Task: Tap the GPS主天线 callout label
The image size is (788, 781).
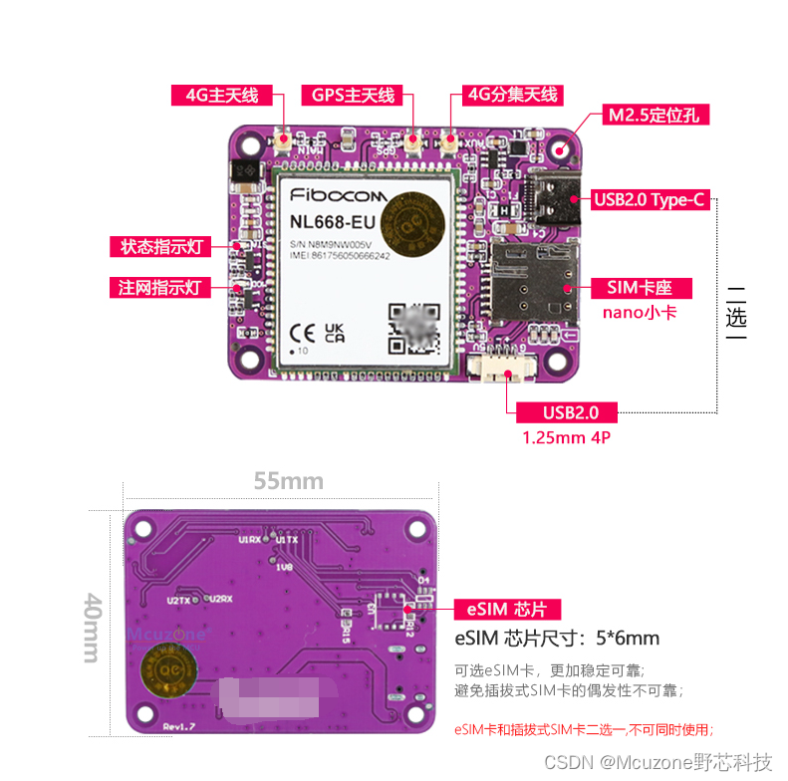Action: pyautogui.click(x=354, y=96)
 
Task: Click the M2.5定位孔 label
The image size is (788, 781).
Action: pyautogui.click(x=654, y=116)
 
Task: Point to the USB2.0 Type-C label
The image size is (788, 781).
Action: pyautogui.click(x=650, y=200)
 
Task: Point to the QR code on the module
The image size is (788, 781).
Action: pyautogui.click(x=413, y=329)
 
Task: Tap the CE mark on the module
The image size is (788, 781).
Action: pyautogui.click(x=303, y=332)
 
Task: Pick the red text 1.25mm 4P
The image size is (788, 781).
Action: pyautogui.click(x=564, y=436)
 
